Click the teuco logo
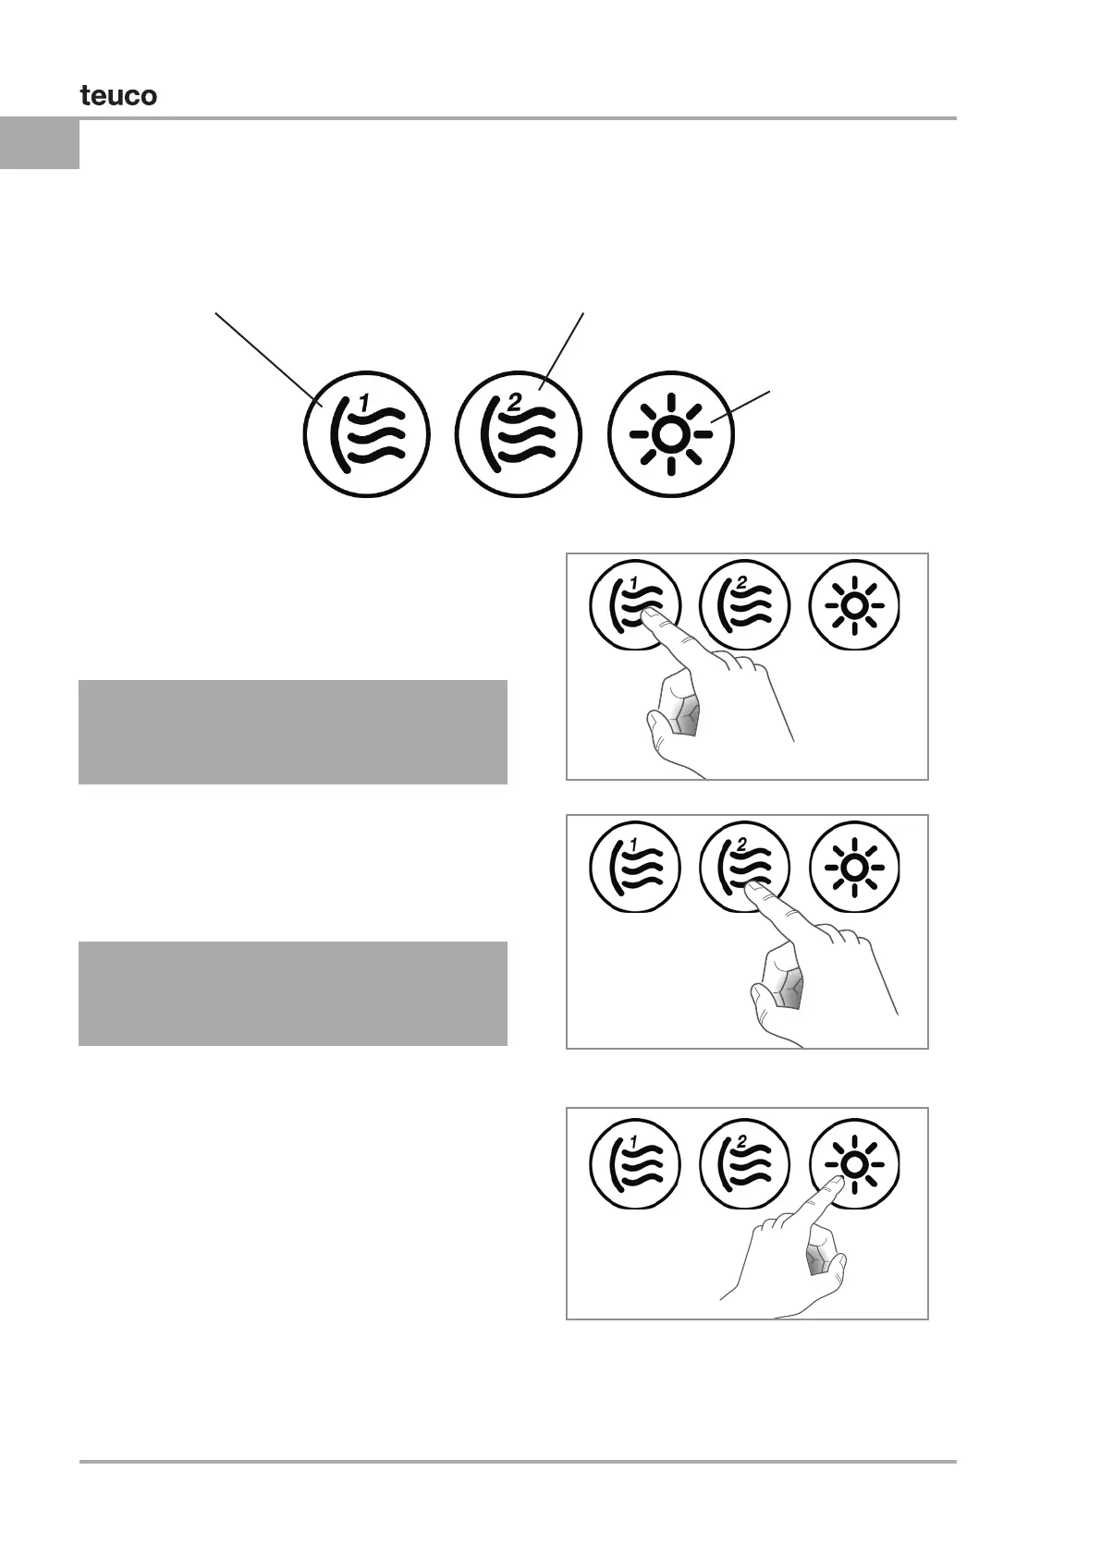click(x=118, y=95)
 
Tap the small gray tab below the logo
click(x=40, y=143)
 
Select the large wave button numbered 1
click(x=367, y=433)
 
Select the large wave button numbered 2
click(x=519, y=433)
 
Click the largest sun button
click(x=671, y=433)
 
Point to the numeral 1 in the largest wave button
click(x=364, y=402)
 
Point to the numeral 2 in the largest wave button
click(x=515, y=402)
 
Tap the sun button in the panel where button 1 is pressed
click(x=854, y=606)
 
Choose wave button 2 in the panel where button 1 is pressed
click(x=745, y=606)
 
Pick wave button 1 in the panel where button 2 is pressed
click(x=635, y=868)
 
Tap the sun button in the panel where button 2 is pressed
click(x=854, y=868)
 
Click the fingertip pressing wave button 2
click(x=753, y=889)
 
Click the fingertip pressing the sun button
click(x=833, y=1182)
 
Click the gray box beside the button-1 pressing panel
click(x=292, y=732)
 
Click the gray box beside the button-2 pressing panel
click(x=292, y=993)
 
